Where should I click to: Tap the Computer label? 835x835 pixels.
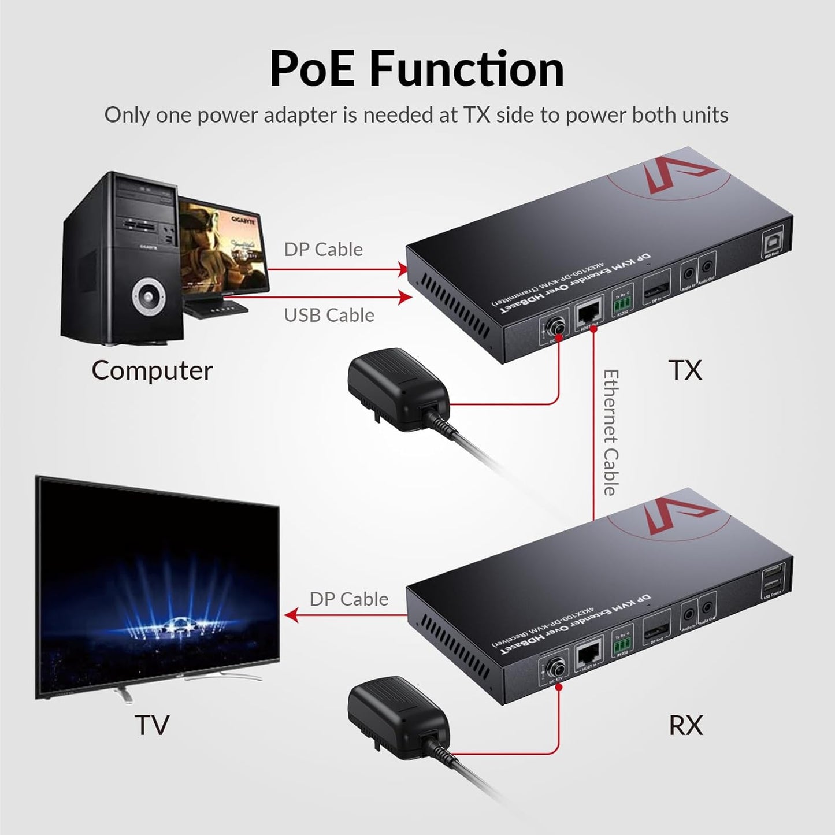click(152, 370)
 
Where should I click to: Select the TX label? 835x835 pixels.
click(685, 370)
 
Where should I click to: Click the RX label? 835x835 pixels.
click(686, 725)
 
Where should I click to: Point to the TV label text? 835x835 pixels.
click(152, 725)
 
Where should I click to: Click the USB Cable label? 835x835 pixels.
click(329, 315)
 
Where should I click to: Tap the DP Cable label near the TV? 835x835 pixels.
click(348, 599)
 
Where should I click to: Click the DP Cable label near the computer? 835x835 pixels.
click(323, 249)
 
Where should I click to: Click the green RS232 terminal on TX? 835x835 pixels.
click(622, 300)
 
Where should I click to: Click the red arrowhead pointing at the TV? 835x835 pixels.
click(292, 616)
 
